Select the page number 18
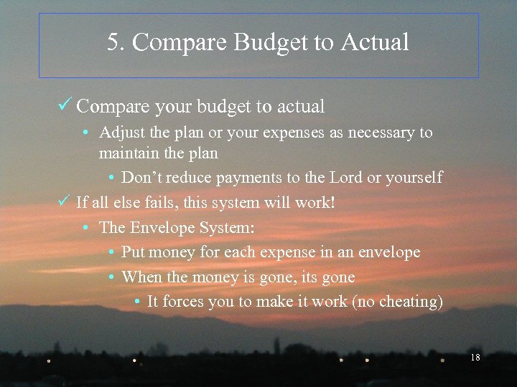475,357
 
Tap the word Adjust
120,133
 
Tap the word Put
134,252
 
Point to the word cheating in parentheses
410,302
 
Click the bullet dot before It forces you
136,302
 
